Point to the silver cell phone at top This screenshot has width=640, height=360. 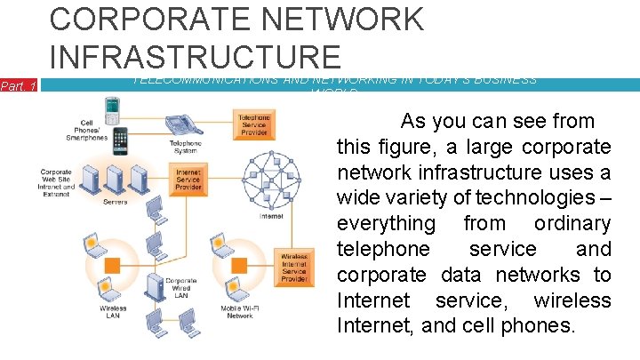[112, 110]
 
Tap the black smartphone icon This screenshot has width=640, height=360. [120, 140]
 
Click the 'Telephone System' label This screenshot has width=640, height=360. [185, 147]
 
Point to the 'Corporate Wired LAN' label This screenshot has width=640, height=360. [180, 288]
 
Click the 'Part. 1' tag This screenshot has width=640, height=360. [18, 86]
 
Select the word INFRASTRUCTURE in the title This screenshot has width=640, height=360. [195, 55]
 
